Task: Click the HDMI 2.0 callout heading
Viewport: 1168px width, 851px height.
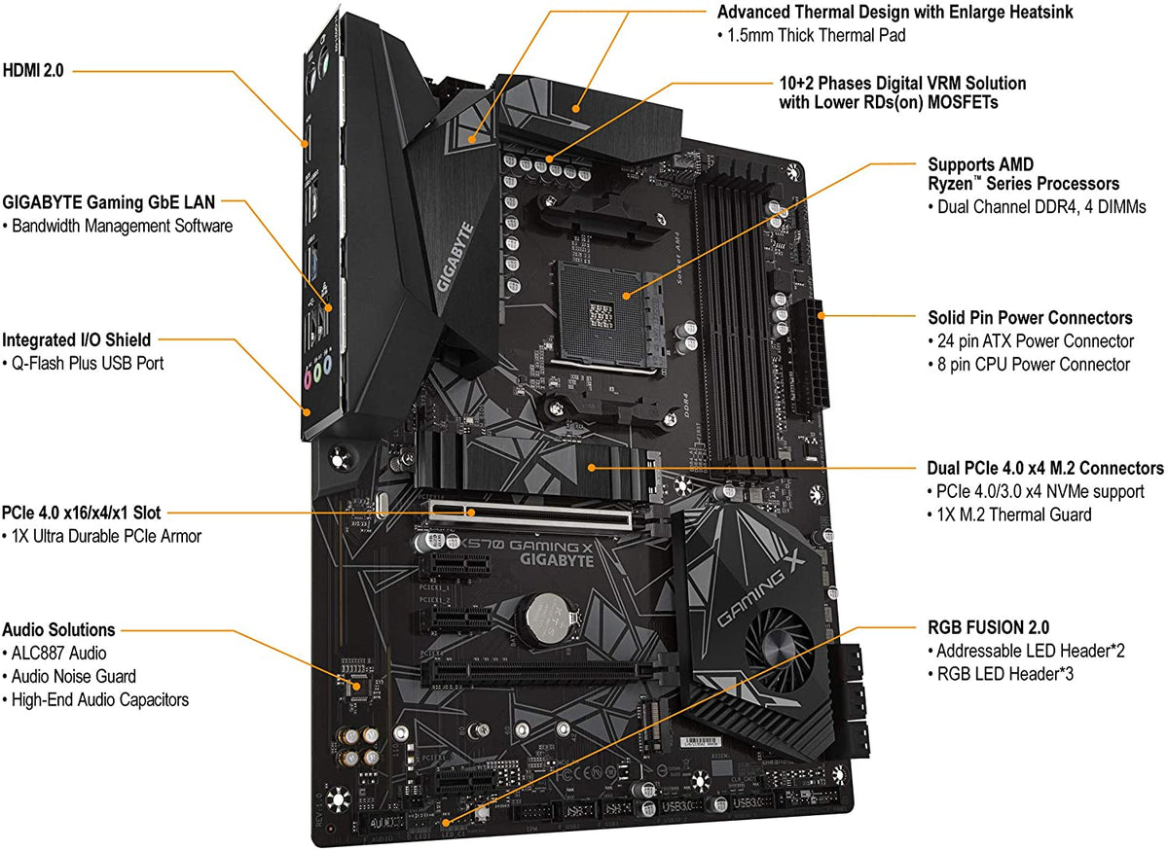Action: coord(33,70)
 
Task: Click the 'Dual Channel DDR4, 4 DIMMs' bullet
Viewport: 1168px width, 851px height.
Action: coord(1036,207)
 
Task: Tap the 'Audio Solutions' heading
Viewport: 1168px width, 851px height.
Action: coord(58,629)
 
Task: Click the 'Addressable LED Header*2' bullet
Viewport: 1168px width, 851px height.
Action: coord(1030,651)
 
